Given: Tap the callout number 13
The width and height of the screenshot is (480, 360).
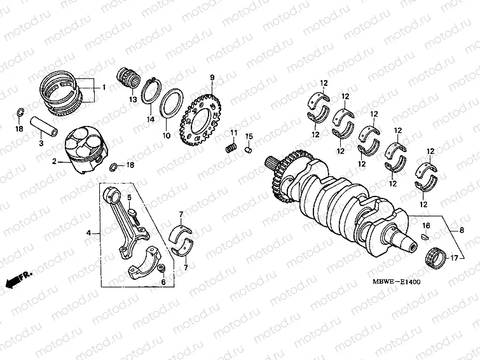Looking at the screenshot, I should pyautogui.click(x=133, y=100).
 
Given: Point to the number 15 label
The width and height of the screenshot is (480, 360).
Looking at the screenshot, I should pyautogui.click(x=249, y=136).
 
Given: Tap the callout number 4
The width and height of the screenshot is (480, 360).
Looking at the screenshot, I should pyautogui.click(x=89, y=233).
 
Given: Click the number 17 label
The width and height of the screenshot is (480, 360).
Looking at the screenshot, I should pyautogui.click(x=454, y=258).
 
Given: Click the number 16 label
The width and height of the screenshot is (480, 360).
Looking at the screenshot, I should pyautogui.click(x=427, y=226).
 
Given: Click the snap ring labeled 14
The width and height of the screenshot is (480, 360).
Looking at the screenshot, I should pyautogui.click(x=149, y=92).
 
